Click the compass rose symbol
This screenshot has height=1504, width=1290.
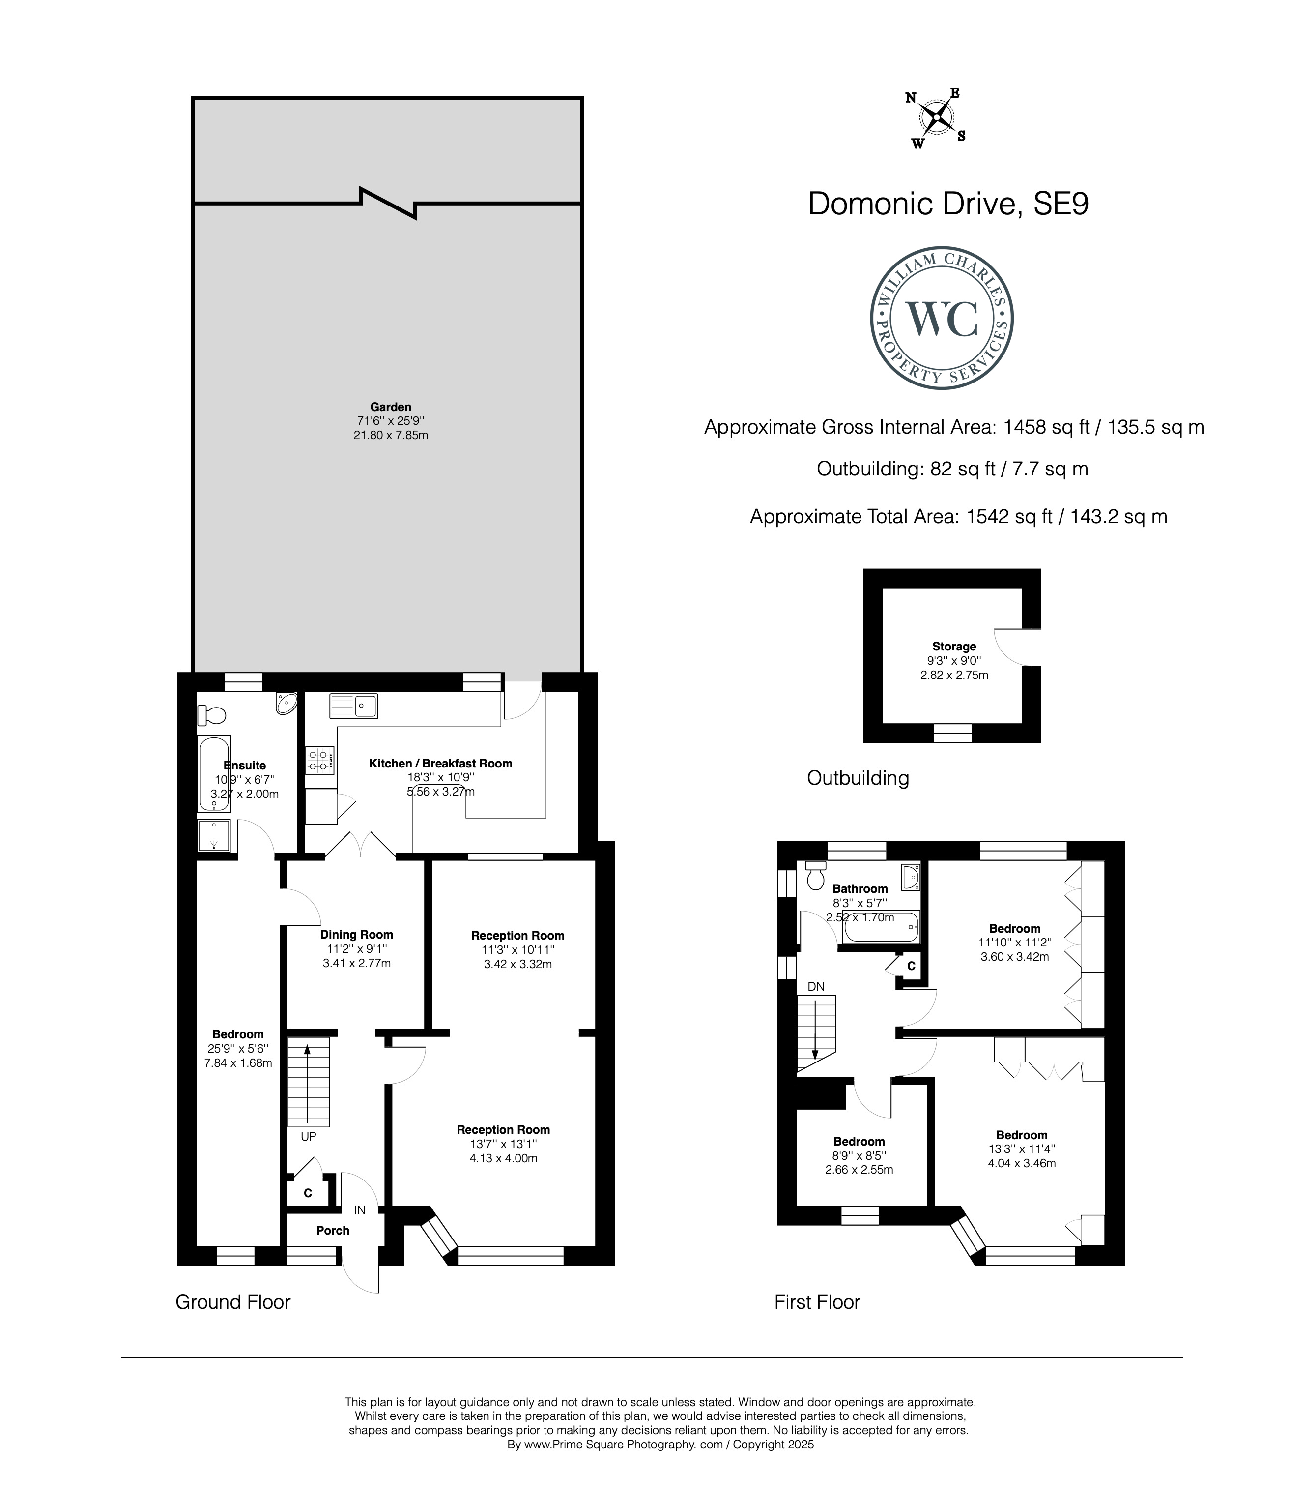click(x=937, y=118)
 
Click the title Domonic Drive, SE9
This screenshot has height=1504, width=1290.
click(x=948, y=204)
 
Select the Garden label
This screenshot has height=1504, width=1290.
click(x=390, y=407)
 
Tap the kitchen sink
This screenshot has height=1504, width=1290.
click(x=353, y=706)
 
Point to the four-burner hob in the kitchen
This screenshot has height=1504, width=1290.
click(x=319, y=760)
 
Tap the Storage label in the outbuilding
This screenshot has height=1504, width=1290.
click(x=954, y=646)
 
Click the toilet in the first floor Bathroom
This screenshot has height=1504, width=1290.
click(x=816, y=876)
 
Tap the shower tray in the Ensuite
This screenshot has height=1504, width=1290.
click(x=215, y=835)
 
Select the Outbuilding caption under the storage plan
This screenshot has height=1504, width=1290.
click(x=858, y=778)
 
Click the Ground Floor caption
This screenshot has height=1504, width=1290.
click(x=233, y=1302)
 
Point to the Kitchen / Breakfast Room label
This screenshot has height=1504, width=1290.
click(x=440, y=763)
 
